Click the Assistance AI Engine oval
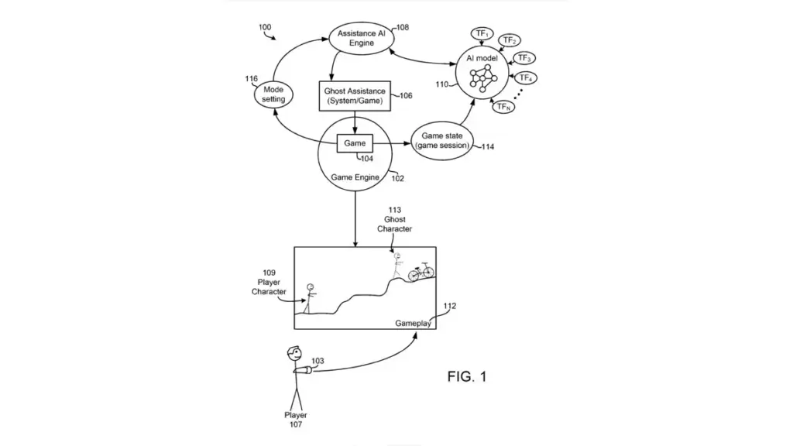(x=362, y=37)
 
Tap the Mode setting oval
(x=273, y=94)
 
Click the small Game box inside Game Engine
(x=355, y=143)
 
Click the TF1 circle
(x=482, y=34)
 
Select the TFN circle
(x=504, y=107)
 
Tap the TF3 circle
(x=524, y=58)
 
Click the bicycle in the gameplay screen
(x=421, y=273)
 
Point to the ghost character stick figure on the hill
(x=397, y=266)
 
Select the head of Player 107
(x=294, y=354)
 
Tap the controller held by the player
(x=308, y=371)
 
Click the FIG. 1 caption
(x=467, y=377)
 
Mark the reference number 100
(x=265, y=28)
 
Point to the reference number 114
(x=488, y=146)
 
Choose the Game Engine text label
(x=355, y=177)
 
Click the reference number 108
(x=402, y=27)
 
